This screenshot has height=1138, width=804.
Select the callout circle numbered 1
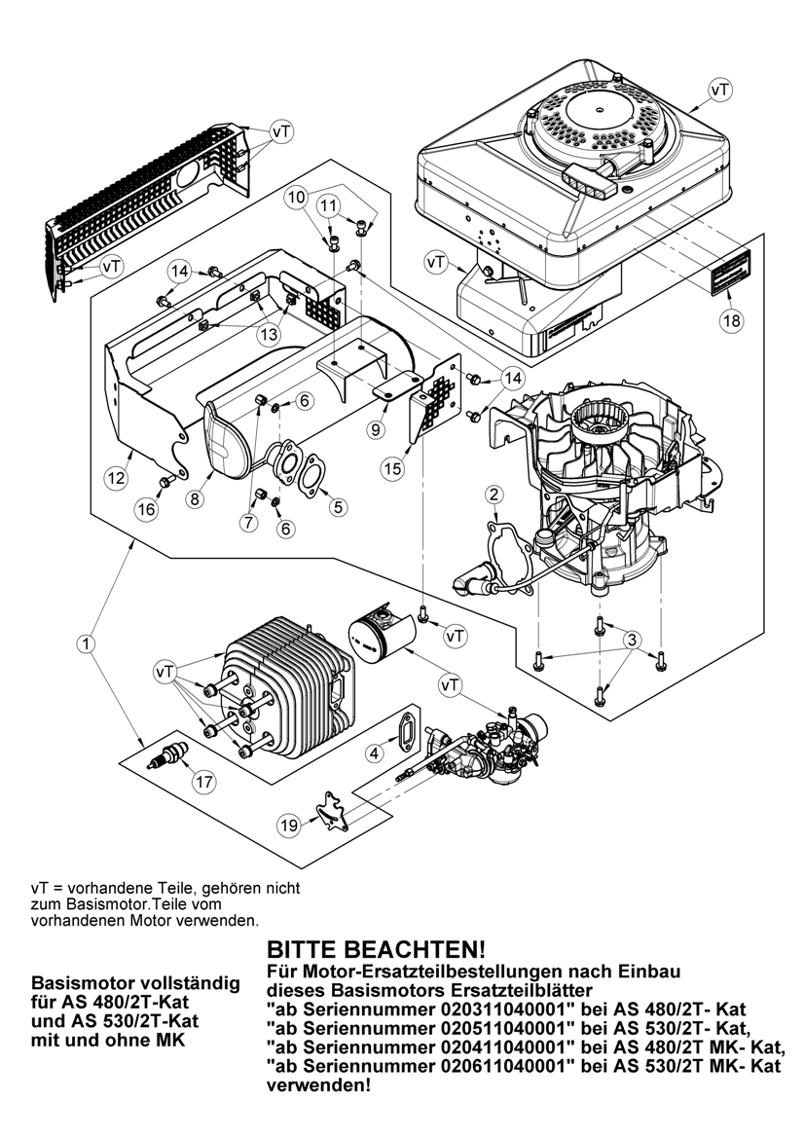[x=87, y=643]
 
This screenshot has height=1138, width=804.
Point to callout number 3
[x=632, y=641]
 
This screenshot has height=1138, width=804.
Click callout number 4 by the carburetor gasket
[x=375, y=753]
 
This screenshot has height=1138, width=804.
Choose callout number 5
[x=338, y=506]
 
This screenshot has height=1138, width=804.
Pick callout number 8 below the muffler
[x=195, y=499]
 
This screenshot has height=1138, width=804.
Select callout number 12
[x=116, y=478]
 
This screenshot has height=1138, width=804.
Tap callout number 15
[x=392, y=469]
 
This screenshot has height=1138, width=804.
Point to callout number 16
[x=147, y=509]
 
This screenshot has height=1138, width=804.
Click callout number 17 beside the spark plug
[x=204, y=782]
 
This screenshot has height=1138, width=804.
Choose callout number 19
[x=289, y=826]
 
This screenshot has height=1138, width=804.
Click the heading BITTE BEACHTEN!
[x=376, y=949]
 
